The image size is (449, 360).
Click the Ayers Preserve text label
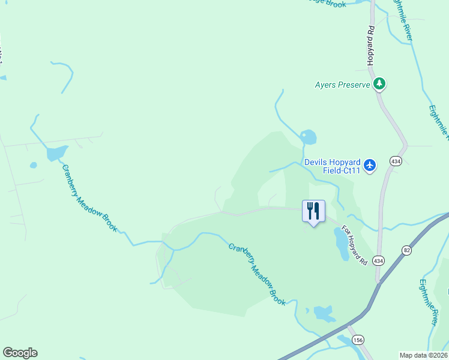[342, 85]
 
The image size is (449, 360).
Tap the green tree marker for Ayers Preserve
[379, 84]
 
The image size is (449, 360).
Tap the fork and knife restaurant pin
[313, 211]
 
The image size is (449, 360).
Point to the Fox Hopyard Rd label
[354, 245]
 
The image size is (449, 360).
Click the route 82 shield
[406, 250]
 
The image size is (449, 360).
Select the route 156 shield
[358, 340]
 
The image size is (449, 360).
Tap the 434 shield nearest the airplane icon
[396, 161]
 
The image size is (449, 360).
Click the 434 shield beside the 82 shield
[378, 260]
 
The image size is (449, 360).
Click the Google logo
[20, 353]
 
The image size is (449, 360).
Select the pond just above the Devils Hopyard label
[309, 137]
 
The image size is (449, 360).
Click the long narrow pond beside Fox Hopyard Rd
[341, 244]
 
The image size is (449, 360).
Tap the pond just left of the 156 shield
[324, 313]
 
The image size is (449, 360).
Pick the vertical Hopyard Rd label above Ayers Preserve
[371, 46]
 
